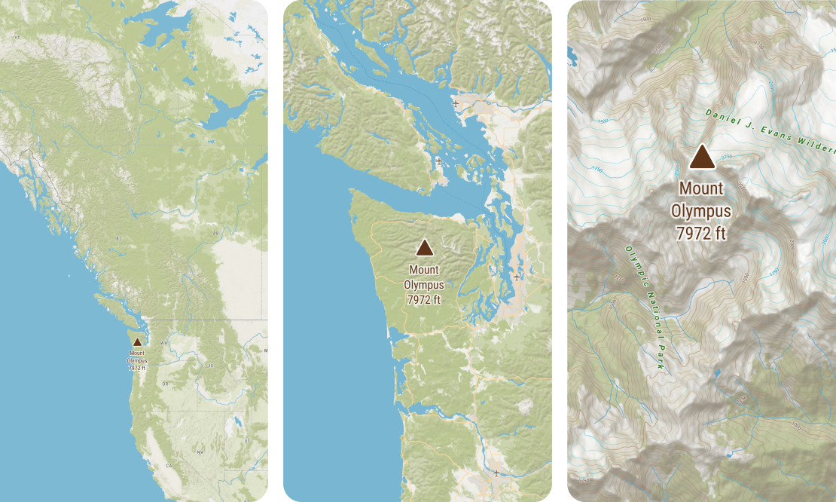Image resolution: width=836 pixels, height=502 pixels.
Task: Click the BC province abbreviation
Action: pos(119,239)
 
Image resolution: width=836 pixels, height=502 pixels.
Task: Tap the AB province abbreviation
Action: pos(215,233)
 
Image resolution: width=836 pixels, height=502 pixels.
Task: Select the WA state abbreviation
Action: pos(163,343)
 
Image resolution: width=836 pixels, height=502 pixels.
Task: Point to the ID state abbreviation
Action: pos(211,365)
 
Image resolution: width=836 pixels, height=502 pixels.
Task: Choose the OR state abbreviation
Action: pos(165,384)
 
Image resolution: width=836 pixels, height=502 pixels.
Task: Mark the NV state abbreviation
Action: pos(200,451)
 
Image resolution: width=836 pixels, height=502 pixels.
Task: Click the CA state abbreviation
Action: pos(169,466)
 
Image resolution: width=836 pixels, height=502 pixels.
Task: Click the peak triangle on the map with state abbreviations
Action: pos(137,342)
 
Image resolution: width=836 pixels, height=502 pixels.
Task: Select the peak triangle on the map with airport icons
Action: pos(425,248)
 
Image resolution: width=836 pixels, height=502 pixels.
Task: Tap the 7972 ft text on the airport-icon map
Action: pos(424,300)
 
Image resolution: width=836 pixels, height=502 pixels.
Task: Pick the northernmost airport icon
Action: pos(455,103)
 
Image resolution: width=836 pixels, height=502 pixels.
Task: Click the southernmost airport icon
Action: pos(496,473)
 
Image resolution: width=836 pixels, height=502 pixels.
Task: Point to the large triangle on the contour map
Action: pos(702,157)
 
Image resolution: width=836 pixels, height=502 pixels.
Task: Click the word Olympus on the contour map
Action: pos(701,210)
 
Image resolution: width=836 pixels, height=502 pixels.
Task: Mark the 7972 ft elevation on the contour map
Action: pos(701,233)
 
